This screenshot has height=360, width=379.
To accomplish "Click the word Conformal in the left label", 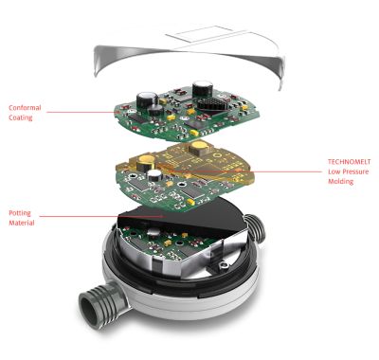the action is click(x=25, y=108).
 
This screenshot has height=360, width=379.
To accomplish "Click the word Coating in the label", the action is click(x=21, y=117).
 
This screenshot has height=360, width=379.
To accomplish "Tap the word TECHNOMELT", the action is click(x=349, y=162).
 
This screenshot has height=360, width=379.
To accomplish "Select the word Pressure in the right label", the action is click(x=355, y=171).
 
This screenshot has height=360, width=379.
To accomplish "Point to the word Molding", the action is click(x=340, y=182).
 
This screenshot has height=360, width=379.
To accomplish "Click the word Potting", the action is click(x=20, y=213).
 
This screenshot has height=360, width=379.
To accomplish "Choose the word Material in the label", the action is click(x=22, y=223).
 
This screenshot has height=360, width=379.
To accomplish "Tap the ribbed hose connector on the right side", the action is click(x=254, y=226).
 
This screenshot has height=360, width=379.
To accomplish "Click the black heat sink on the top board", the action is click(x=213, y=105).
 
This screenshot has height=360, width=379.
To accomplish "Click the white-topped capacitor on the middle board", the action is click(x=154, y=174).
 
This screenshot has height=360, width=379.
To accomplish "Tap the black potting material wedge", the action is click(x=183, y=217).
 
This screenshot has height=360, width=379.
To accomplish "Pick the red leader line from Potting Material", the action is click(x=101, y=216).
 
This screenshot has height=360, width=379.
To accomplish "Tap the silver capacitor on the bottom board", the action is click(x=154, y=232).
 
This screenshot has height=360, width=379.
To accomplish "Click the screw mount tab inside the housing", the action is click(x=224, y=264).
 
